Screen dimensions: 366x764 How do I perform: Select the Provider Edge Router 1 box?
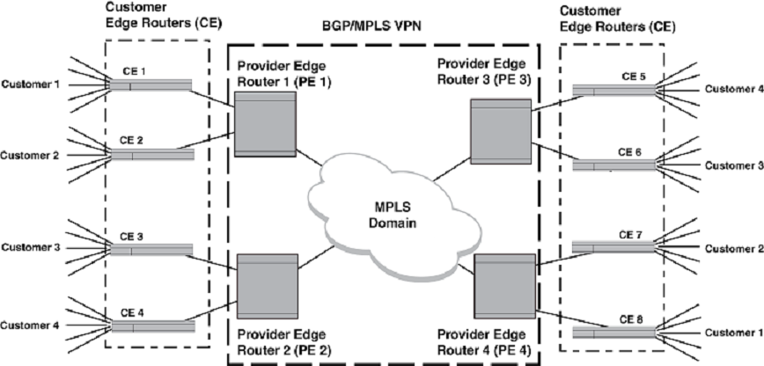265,123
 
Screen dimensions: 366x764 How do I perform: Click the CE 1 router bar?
150,85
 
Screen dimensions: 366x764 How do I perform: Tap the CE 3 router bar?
150,251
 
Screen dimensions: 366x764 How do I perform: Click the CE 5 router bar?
614,91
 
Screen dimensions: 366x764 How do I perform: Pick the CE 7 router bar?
614,248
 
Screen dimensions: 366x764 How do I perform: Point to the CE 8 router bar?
614,333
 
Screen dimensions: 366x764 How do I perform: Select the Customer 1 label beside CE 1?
30,85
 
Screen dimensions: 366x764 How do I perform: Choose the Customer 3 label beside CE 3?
30,248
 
